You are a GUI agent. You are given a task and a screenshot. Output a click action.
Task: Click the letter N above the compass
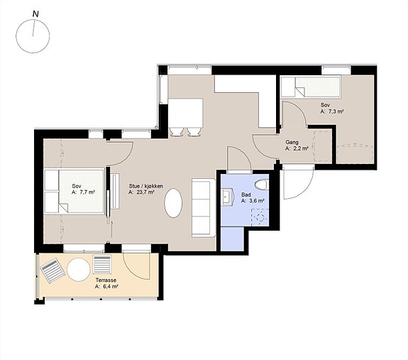[x=35, y=14]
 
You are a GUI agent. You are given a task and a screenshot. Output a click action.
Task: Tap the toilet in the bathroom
[x=261, y=185]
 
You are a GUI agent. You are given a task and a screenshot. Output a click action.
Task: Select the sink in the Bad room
[x=226, y=197]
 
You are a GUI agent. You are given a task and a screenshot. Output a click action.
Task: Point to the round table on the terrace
[x=78, y=269]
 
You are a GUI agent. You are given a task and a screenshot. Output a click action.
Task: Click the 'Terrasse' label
[x=106, y=280]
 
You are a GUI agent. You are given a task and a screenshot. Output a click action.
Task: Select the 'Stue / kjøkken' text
[x=146, y=186]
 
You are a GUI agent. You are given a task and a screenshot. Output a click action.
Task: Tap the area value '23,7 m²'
[x=145, y=192]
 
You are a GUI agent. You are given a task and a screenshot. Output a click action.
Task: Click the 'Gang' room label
[x=292, y=143]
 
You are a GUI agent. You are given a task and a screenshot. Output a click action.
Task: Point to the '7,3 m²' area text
[x=335, y=111]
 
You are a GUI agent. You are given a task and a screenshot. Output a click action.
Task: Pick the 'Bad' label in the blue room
[x=246, y=195]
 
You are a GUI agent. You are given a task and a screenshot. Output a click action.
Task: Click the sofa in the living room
[x=204, y=208]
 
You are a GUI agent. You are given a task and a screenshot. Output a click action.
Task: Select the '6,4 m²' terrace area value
[x=110, y=287]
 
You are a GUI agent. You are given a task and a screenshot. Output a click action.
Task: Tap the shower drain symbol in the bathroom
[x=260, y=217]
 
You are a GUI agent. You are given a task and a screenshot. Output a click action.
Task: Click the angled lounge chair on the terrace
[x=53, y=271]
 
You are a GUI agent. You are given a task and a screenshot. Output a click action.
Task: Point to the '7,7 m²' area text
[x=87, y=192]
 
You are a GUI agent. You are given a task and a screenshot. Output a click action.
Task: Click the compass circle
[x=33, y=36]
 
